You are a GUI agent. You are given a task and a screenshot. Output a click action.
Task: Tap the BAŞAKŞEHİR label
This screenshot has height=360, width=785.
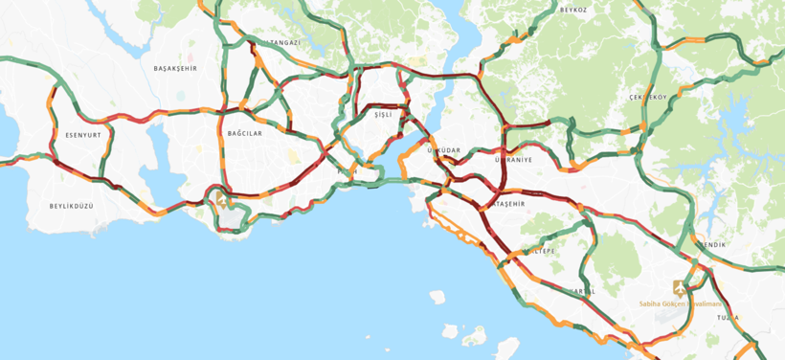(175, 69)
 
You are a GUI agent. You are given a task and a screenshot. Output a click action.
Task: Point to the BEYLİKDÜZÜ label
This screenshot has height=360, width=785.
(72, 206)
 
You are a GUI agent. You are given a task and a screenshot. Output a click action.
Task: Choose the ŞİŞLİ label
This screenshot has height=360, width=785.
(384, 115)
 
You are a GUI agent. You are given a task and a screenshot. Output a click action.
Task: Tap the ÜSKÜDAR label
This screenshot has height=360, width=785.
(443, 150)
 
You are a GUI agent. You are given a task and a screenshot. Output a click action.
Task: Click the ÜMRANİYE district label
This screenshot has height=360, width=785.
(513, 160)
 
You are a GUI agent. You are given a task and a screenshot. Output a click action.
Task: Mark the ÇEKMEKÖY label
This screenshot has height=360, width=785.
(647, 98)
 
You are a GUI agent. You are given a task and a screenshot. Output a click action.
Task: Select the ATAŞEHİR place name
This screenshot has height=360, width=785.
(507, 204)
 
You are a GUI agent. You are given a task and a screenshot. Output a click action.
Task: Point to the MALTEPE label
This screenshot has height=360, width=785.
(537, 251)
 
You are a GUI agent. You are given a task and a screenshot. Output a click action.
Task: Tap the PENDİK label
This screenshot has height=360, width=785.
(713, 245)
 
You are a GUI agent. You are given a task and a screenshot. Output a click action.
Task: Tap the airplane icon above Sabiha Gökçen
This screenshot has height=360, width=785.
(679, 286)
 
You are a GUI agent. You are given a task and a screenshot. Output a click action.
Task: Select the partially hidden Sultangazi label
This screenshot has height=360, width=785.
(284, 43)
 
